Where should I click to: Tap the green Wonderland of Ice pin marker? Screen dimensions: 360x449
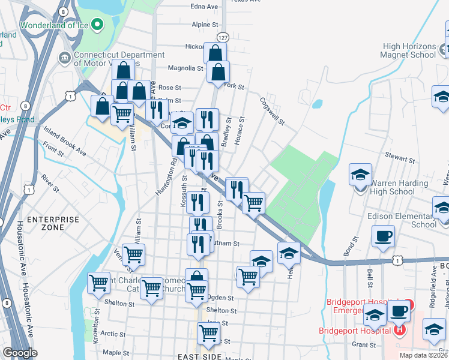click(x=98, y=25)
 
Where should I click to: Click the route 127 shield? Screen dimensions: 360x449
click(x=222, y=37)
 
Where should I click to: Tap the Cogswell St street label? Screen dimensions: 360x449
click(x=271, y=111)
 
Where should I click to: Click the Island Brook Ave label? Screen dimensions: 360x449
click(x=65, y=140)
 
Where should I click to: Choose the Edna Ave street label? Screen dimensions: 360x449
click(x=203, y=7)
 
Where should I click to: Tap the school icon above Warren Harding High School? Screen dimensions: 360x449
click(x=360, y=176)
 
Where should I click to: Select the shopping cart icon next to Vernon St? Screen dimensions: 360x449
click(x=133, y=254)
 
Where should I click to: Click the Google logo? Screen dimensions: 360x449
click(x=20, y=353)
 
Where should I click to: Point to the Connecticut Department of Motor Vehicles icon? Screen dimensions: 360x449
click(x=64, y=58)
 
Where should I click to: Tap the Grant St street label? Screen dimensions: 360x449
click(x=363, y=344)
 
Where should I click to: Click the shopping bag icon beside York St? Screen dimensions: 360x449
click(x=218, y=72)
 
